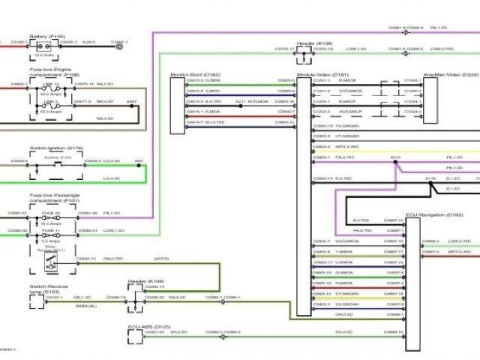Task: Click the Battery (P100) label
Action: click(x=47, y=35)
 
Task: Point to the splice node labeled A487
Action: click(x=132, y=106)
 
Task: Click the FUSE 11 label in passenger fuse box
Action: click(x=50, y=229)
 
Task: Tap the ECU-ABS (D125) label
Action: click(x=149, y=327)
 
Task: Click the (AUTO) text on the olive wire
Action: click(x=162, y=259)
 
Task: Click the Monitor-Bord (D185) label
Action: click(x=196, y=75)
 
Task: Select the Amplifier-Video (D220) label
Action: click(x=440, y=75)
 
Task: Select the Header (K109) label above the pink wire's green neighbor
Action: click(x=314, y=43)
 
